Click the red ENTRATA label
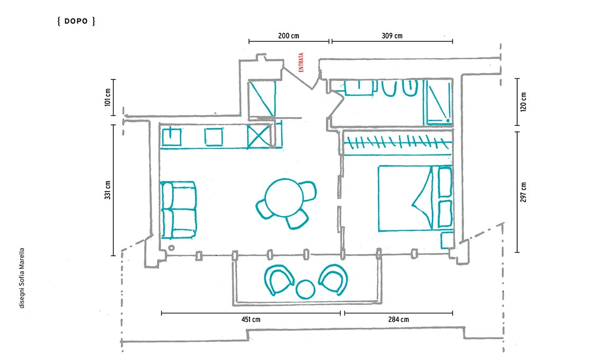click(301, 62)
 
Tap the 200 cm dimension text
click(289, 36)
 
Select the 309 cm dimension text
click(392, 36)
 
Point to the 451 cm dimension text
click(251, 320)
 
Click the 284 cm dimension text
click(398, 320)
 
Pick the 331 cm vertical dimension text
click(108, 190)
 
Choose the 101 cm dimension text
click(108, 97)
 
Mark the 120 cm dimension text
click(523, 102)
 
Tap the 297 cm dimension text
click(523, 192)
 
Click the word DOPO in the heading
click(76, 21)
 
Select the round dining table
click(285, 198)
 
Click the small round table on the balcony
click(306, 290)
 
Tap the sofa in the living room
click(179, 210)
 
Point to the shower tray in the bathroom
click(438, 102)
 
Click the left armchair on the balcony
click(278, 280)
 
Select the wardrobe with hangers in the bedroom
click(397, 143)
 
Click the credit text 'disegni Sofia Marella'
click(22, 278)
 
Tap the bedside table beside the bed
click(448, 240)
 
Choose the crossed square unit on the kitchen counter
click(258, 136)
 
